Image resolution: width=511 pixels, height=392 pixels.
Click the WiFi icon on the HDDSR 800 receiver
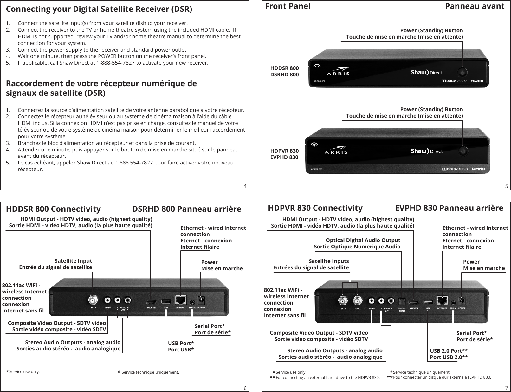317,66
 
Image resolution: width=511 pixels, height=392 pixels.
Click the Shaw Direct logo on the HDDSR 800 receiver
426,73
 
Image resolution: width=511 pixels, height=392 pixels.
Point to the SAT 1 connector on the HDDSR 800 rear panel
93,300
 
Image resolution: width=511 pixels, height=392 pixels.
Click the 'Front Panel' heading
288,6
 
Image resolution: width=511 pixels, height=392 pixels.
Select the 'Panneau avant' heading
475,6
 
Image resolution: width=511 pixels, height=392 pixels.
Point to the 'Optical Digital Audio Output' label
363,240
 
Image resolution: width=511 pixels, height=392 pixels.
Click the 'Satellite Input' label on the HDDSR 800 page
73,261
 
